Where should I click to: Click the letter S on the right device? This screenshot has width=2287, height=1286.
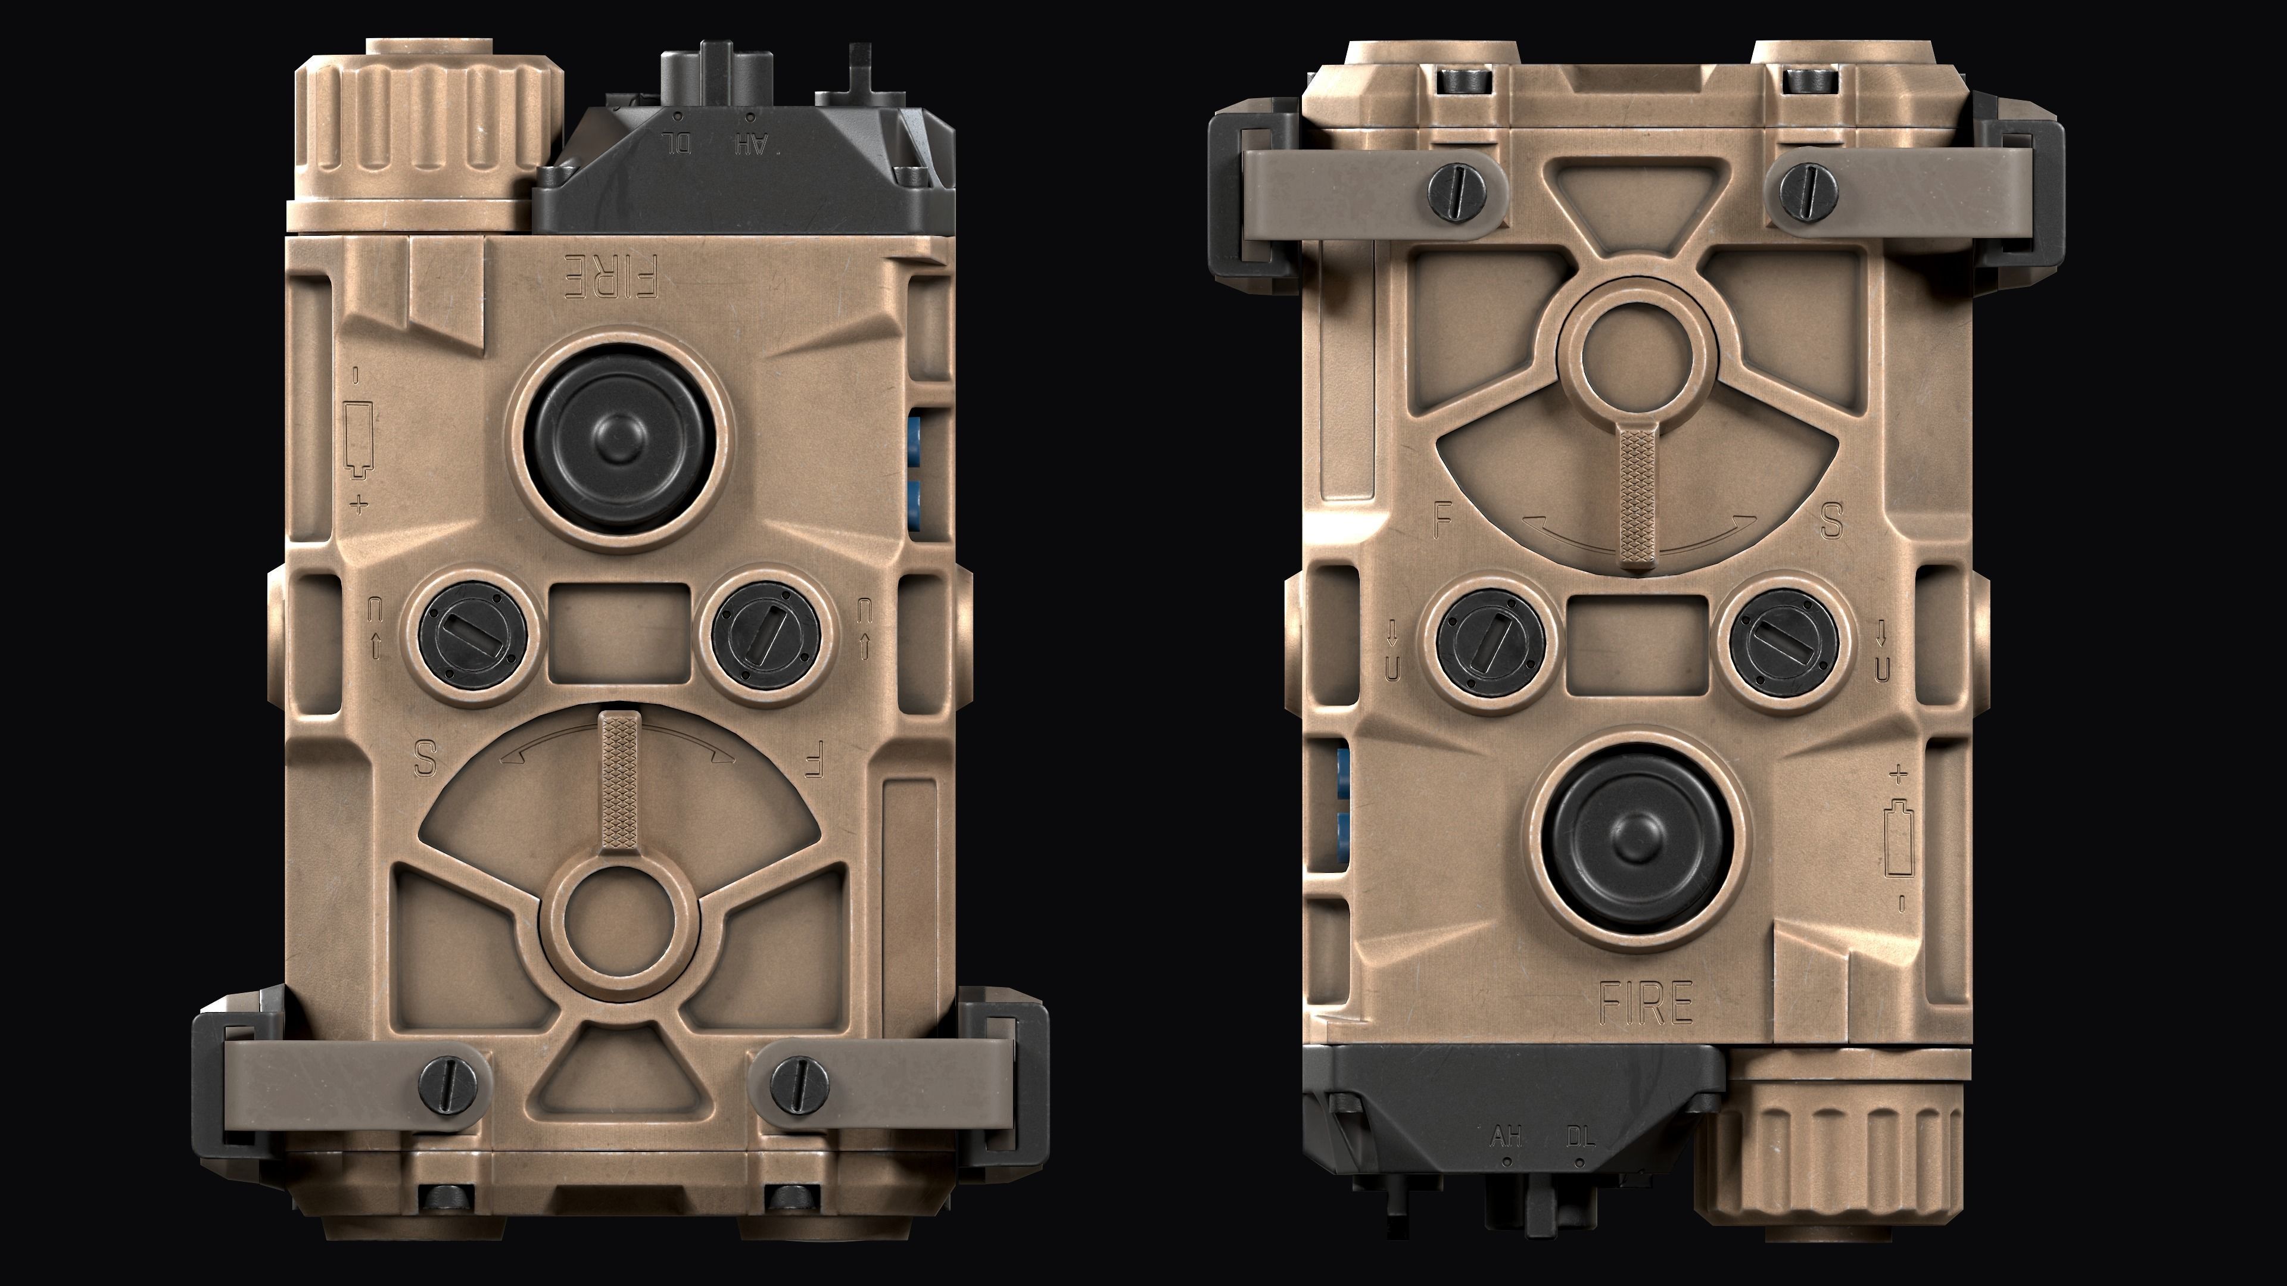(x=1831, y=521)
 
